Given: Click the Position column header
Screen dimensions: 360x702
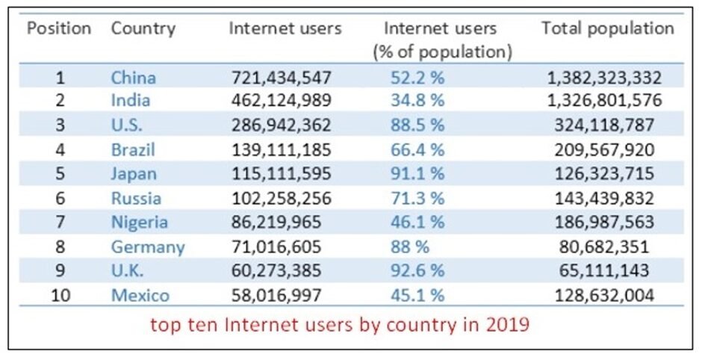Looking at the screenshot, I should click(59, 29).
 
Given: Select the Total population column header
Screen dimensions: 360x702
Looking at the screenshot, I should click(607, 29).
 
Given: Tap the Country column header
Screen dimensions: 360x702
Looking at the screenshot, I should click(143, 29).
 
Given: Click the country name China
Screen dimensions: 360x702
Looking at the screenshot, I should click(133, 77).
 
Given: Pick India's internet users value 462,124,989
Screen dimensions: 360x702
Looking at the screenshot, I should click(281, 101).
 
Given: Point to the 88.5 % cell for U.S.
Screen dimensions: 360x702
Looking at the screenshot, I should click(417, 125).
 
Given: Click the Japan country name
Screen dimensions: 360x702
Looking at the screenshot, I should click(134, 174).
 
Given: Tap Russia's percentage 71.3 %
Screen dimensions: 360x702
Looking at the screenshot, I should click(417, 199).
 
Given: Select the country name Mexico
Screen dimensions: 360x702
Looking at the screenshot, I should click(140, 296).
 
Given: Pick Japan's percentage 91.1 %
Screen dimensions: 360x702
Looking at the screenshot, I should click(417, 174).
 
